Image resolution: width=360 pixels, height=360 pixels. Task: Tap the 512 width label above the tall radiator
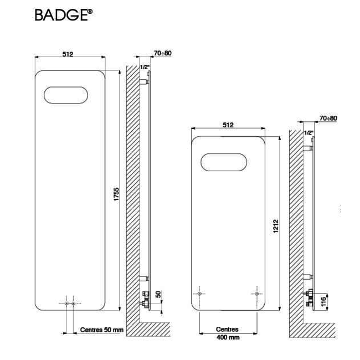pyautogui.click(x=68, y=54)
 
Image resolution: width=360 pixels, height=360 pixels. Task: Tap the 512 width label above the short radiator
pyautogui.click(x=228, y=125)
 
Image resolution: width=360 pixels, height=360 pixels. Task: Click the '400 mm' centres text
pyautogui.click(x=227, y=337)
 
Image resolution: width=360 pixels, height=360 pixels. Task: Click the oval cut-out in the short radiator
pyautogui.click(x=228, y=162)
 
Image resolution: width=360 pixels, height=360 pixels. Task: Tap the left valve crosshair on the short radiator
pyautogui.click(x=200, y=293)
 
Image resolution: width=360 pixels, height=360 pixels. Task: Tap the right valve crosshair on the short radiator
pyautogui.click(x=256, y=293)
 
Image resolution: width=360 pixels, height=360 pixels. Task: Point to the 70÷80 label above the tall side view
pyautogui.click(x=162, y=53)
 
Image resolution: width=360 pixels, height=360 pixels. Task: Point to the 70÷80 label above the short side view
pyautogui.click(x=328, y=118)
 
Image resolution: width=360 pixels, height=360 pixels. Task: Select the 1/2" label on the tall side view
pyautogui.click(x=145, y=67)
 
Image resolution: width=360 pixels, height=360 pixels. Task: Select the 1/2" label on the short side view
pyautogui.click(x=309, y=133)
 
